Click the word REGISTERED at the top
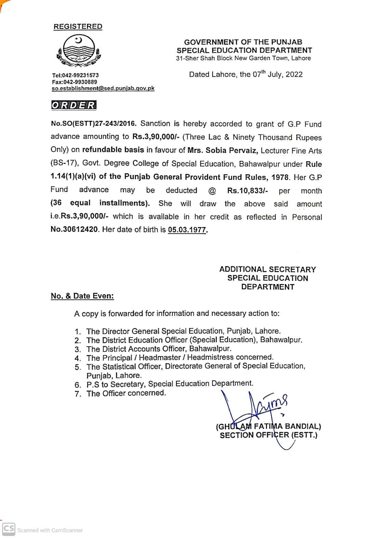click(x=78, y=27)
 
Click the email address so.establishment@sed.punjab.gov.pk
click(x=103, y=88)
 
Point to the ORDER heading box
click(x=73, y=105)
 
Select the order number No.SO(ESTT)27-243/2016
click(x=94, y=124)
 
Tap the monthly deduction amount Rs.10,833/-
click(x=247, y=191)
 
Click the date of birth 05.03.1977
click(x=188, y=230)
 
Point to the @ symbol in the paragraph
click(x=212, y=191)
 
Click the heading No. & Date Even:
click(x=82, y=296)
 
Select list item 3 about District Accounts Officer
click(x=159, y=349)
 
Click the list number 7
click(x=78, y=394)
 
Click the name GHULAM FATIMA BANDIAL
click(x=269, y=426)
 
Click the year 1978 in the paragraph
click(x=280, y=177)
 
